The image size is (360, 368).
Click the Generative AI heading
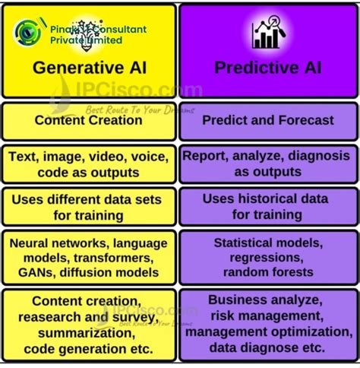click(x=89, y=68)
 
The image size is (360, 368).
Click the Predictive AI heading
click(x=267, y=68)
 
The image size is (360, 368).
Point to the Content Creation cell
click(x=89, y=120)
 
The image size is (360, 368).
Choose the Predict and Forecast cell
click(x=267, y=120)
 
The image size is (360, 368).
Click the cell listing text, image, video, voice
click(x=89, y=163)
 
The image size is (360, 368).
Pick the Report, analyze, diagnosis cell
click(x=267, y=163)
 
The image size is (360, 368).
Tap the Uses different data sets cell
click(x=89, y=206)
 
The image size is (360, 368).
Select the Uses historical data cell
click(x=267, y=206)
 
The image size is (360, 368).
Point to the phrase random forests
click(x=263, y=271)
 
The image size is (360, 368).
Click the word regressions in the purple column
click(x=263, y=258)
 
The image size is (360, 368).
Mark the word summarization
click(x=89, y=334)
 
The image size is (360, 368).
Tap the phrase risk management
click(x=263, y=315)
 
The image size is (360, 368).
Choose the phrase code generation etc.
click(x=89, y=349)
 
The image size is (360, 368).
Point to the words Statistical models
click(x=267, y=243)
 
